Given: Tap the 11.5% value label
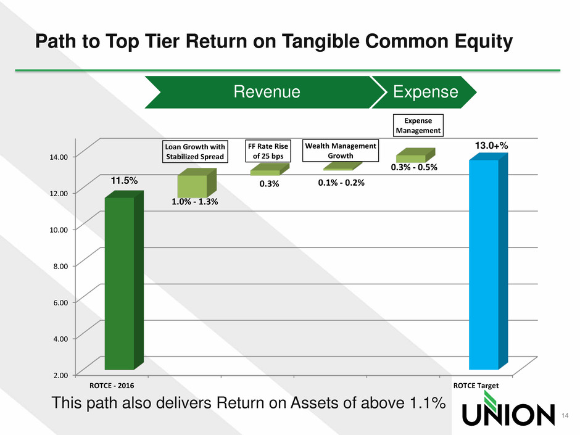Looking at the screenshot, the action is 124,181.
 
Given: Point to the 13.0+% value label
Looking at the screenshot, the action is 491,146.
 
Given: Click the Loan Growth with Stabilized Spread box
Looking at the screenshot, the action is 195,152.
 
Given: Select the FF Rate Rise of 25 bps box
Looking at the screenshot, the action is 268,151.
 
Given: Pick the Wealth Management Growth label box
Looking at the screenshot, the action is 341,151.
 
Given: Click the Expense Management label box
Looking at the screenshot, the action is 418,125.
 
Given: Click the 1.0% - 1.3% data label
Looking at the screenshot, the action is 194,202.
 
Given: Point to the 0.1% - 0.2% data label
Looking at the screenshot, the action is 341,183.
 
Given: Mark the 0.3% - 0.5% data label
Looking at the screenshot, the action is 414,167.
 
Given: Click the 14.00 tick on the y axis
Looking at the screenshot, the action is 59,157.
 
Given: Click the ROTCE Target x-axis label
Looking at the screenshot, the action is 476,386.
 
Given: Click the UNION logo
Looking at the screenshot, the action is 508,409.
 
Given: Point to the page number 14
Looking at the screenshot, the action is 565,415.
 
